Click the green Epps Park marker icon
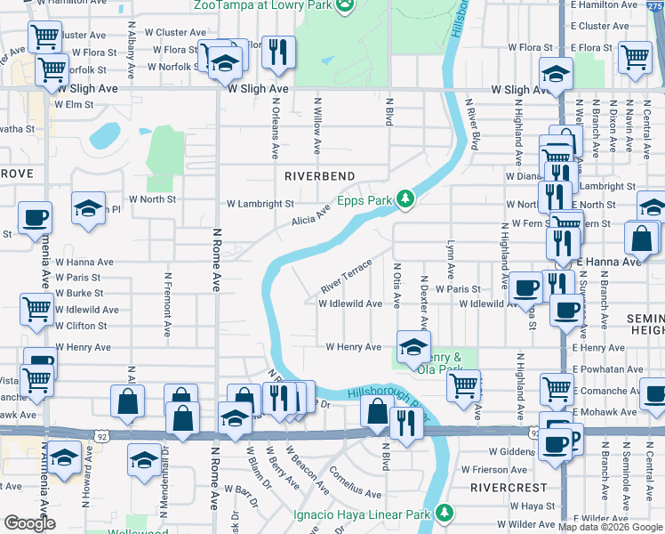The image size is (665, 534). [x=406, y=198]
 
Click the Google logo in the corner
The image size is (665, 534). [x=29, y=523]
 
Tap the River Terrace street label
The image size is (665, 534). [x=346, y=278]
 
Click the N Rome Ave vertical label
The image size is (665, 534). [x=216, y=259]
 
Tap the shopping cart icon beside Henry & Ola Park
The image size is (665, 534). [x=463, y=385]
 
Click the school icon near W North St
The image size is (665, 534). [x=88, y=208]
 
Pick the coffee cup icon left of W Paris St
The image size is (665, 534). [x=525, y=287]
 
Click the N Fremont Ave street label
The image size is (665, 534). [x=166, y=303]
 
